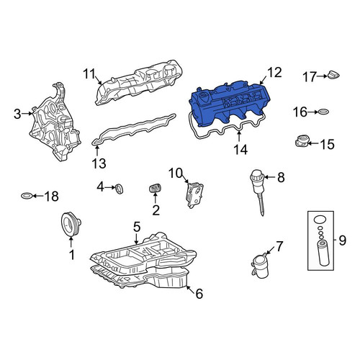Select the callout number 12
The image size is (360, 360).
[274, 73]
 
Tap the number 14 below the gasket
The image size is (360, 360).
[240, 150]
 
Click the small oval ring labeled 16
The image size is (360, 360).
[323, 112]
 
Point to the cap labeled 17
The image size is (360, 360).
[333, 75]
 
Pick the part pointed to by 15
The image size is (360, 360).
[302, 141]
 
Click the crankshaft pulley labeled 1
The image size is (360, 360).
[71, 224]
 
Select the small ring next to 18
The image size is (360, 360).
[27, 196]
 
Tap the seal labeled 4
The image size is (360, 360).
[120, 189]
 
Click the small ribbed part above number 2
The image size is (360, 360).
[155, 188]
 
